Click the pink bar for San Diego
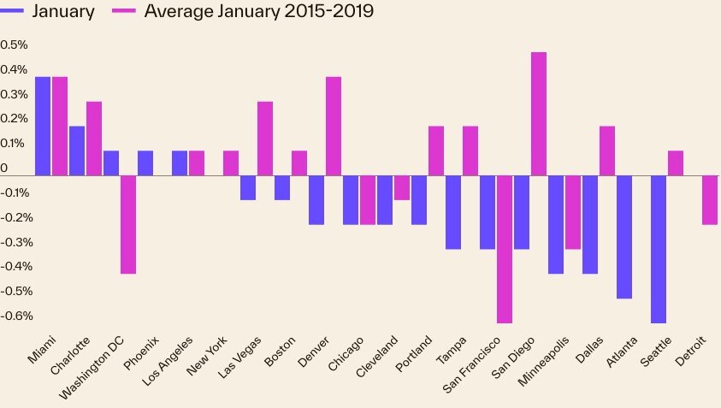[539, 114]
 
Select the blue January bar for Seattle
[659, 249]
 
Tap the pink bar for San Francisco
[505, 249]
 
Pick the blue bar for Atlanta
[624, 237]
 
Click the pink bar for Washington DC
[128, 224]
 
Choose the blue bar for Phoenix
[145, 163]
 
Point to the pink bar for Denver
[334, 126]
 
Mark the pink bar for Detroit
[710, 200]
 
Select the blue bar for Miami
[43, 126]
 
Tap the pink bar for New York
[231, 163]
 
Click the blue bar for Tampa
[453, 212]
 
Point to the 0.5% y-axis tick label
[15, 44]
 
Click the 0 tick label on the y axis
[4, 169]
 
